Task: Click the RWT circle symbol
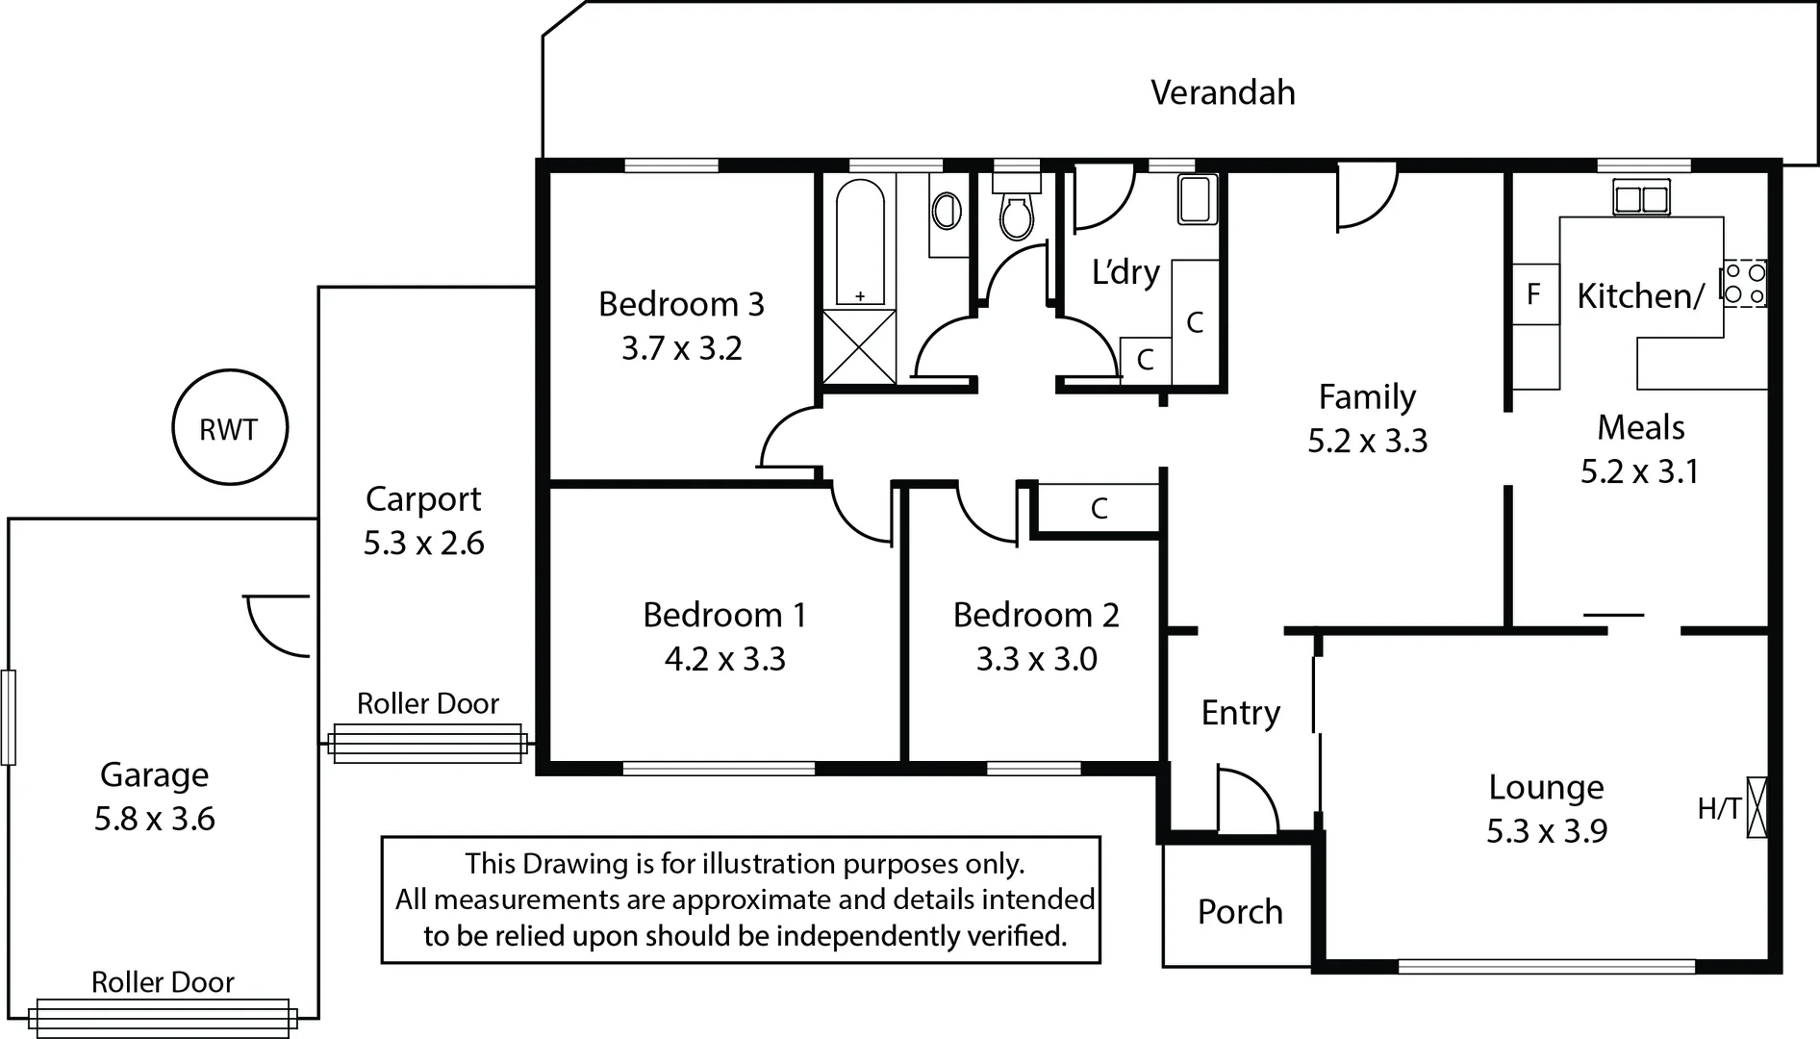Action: pyautogui.click(x=229, y=427)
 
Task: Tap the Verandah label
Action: pyautogui.click(x=1223, y=92)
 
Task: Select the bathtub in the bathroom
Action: pyautogui.click(x=859, y=241)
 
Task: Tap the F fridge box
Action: pyautogui.click(x=1534, y=293)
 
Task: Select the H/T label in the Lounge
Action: pyautogui.click(x=1718, y=808)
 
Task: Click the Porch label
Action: pyautogui.click(x=1239, y=911)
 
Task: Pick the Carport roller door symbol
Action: pyautogui.click(x=427, y=744)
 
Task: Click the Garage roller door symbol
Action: pyautogui.click(x=162, y=1018)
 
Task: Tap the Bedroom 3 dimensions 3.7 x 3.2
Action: pyautogui.click(x=681, y=347)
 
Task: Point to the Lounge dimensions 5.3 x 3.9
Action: pyautogui.click(x=1546, y=830)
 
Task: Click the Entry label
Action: pyautogui.click(x=1240, y=713)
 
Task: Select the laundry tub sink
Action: pyautogui.click(x=1196, y=199)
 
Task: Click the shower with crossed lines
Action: pyautogui.click(x=859, y=346)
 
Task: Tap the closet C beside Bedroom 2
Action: pyautogui.click(x=1099, y=508)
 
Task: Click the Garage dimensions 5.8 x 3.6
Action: pyautogui.click(x=154, y=819)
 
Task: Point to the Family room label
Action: pyautogui.click(x=1366, y=396)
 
